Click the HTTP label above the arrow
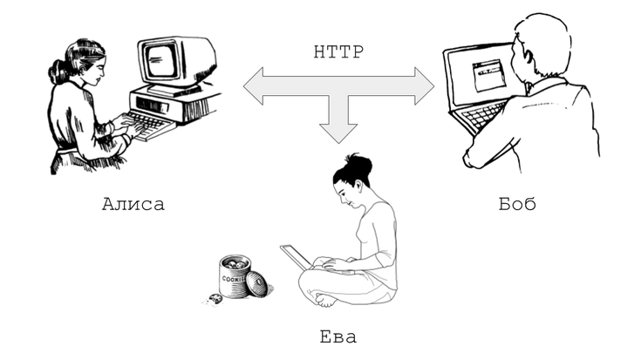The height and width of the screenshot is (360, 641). pyautogui.click(x=338, y=50)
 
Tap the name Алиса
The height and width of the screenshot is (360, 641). pyautogui.click(x=133, y=205)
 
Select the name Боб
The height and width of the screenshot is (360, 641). pyautogui.click(x=517, y=204)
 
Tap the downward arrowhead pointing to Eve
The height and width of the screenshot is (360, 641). pyautogui.click(x=338, y=131)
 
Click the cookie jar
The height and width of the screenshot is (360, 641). pyautogui.click(x=234, y=275)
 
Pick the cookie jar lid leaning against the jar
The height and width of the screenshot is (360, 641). pyautogui.click(x=257, y=284)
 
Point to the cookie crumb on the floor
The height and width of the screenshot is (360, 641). pyautogui.click(x=215, y=300)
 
